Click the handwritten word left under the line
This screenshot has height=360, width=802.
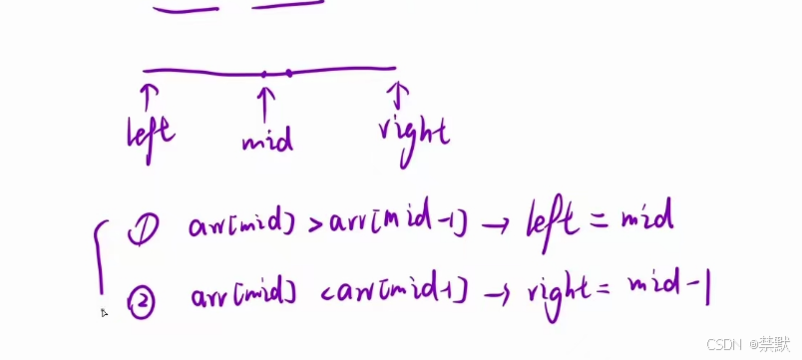click(152, 131)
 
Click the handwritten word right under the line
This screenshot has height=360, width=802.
click(413, 133)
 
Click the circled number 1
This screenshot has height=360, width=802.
click(141, 231)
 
